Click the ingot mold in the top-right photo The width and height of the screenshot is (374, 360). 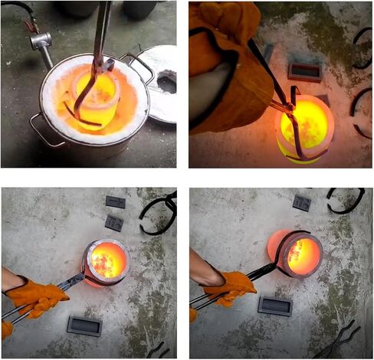tap(305, 72)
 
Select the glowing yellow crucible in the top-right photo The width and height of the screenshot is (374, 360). tap(307, 126)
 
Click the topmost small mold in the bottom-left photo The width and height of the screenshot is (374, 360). tap(116, 202)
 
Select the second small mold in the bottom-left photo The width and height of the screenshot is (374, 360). tap(113, 223)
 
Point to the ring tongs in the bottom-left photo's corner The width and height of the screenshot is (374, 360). tap(159, 211)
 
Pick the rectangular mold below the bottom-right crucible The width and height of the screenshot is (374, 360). tap(274, 306)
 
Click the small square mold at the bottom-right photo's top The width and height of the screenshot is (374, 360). tap(302, 203)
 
